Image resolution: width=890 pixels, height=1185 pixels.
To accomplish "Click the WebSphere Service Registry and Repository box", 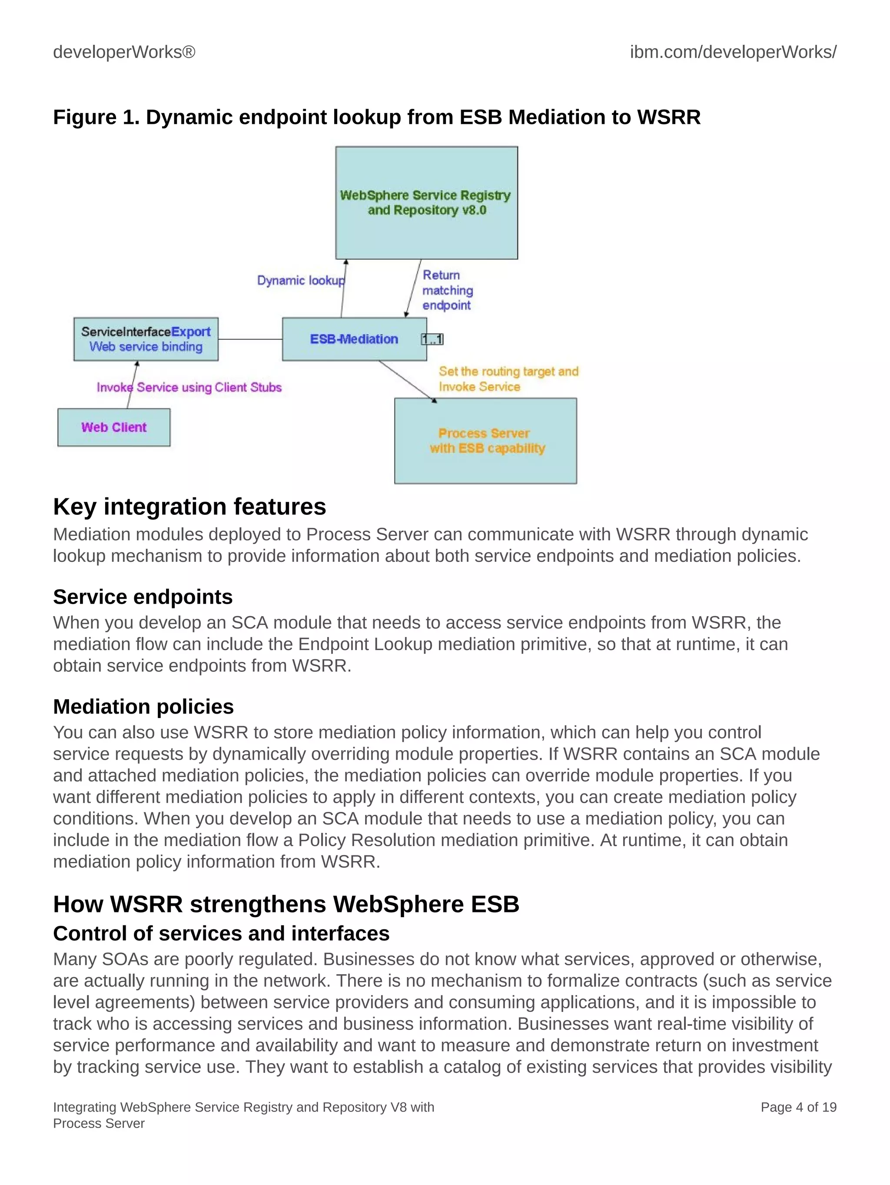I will pos(426,203).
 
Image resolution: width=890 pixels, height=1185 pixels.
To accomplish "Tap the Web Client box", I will pos(113,427).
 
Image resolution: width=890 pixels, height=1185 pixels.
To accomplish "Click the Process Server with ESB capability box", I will pos(485,441).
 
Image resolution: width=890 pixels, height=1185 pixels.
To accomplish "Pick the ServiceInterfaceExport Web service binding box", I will pos(146,339).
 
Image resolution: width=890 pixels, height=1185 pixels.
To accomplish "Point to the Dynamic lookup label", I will pos(300,280).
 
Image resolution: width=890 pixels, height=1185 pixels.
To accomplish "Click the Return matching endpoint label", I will pos(447,290).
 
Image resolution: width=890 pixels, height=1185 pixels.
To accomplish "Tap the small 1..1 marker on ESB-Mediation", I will pos(432,339).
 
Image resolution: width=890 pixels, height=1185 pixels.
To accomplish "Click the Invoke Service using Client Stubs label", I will pos(189,387).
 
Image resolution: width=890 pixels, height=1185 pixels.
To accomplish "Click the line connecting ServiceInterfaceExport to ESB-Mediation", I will pos(250,339).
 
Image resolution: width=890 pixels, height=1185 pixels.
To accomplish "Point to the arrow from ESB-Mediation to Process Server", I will pos(407,381).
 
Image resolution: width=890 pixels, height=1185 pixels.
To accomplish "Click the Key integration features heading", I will pos(189,506).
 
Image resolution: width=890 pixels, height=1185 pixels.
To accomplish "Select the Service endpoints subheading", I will pos(143,596).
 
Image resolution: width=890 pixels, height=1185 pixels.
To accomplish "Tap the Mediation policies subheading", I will pos(143,706).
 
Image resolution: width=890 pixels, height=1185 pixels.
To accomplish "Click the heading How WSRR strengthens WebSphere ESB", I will pos(286,904).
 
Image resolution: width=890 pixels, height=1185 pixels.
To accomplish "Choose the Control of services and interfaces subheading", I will pos(221,933).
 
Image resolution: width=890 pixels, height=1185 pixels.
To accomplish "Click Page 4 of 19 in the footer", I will pos(798,1107).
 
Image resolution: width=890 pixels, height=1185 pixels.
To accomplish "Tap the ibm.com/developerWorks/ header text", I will pos(733,52).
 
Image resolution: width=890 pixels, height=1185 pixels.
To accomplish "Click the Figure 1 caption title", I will pos(376,117).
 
